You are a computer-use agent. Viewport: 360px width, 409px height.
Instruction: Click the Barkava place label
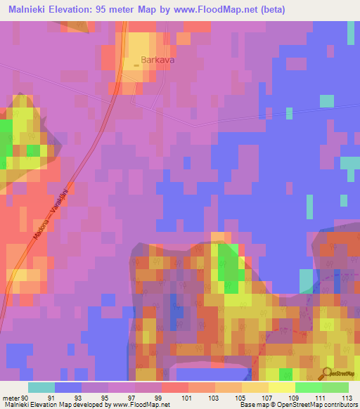click(157, 60)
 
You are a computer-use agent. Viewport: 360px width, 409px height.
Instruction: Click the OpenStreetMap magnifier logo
click(327, 375)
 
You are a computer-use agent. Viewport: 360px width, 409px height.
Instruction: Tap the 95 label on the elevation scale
click(108, 397)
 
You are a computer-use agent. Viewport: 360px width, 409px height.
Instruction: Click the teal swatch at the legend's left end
click(41, 387)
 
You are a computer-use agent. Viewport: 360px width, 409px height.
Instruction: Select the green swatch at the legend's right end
click(335, 387)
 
